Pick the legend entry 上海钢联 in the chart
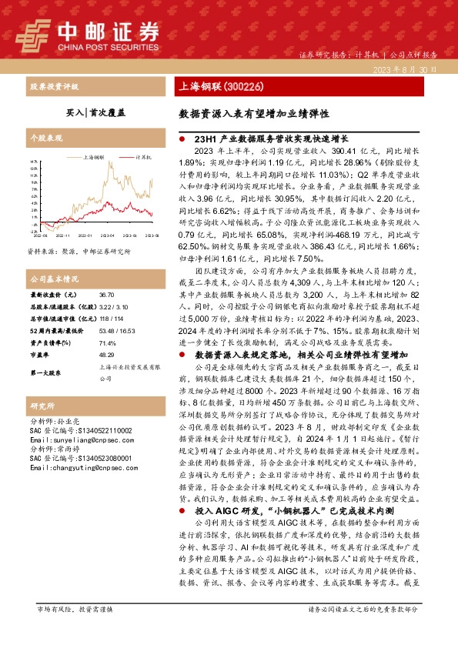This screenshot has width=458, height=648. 94,156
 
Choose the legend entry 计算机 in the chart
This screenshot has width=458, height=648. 142,156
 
